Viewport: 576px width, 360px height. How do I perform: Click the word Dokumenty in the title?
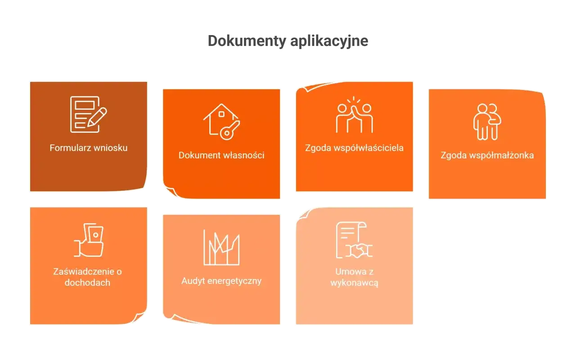[x=247, y=41]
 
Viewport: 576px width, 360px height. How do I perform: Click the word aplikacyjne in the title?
[x=329, y=41]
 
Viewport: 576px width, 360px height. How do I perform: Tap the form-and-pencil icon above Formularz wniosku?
[x=89, y=114]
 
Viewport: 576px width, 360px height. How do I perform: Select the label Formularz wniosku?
[x=89, y=148]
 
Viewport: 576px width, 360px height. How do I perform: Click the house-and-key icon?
[x=221, y=121]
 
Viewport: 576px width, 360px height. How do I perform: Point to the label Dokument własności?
[x=221, y=155]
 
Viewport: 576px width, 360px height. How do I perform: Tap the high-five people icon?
[x=354, y=114]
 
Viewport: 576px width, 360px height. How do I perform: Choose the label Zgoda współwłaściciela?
[x=354, y=148]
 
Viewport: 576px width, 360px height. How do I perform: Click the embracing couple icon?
[x=487, y=121]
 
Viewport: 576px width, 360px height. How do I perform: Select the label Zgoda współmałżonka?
[x=487, y=155]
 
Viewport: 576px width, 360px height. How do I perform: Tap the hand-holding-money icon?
[x=89, y=240]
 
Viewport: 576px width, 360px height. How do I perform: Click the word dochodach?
[x=87, y=283]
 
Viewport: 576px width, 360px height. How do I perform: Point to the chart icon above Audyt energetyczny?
[x=221, y=247]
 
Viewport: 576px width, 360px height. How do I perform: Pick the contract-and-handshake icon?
[x=354, y=240]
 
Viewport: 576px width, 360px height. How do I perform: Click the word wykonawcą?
[x=354, y=283]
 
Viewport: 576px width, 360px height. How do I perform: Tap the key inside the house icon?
[x=230, y=130]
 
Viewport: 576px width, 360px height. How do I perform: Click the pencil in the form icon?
[x=97, y=117]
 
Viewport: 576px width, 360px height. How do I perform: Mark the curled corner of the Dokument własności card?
[x=171, y=191]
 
